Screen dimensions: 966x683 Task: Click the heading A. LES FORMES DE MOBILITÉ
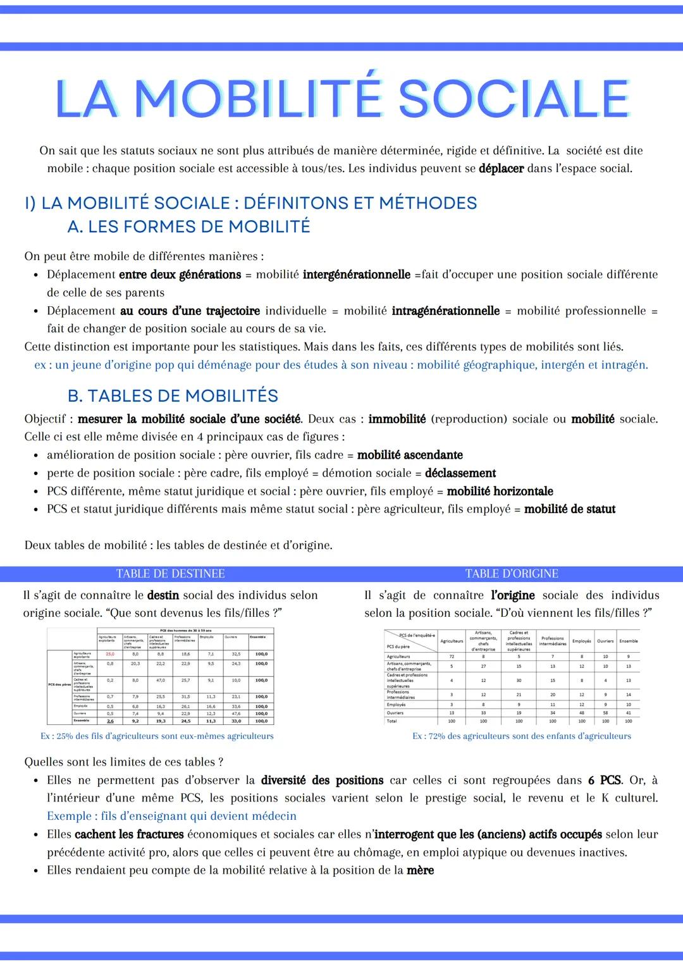188,226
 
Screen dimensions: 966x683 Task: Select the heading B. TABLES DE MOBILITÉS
173,396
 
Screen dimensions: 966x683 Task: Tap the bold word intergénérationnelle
356,275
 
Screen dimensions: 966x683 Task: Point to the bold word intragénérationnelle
445,311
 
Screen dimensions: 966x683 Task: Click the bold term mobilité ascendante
410,455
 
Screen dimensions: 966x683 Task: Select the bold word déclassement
460,473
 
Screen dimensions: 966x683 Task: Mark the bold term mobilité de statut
570,509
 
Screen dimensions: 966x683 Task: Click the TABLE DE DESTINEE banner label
170,574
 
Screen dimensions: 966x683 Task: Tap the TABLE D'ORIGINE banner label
512,574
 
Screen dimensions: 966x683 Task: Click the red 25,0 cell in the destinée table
110,653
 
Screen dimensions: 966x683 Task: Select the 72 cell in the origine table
452,657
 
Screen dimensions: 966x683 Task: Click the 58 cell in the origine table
605,712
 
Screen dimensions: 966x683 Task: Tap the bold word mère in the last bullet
420,870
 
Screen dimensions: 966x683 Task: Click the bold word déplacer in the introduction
501,169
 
